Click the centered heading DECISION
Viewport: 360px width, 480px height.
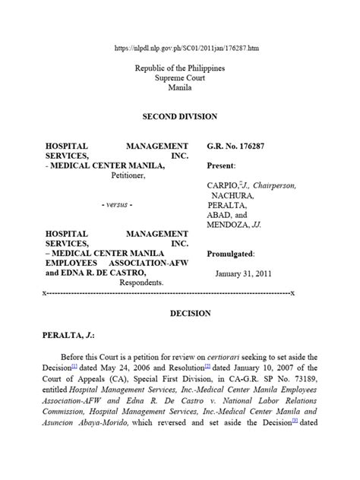[179, 312]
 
